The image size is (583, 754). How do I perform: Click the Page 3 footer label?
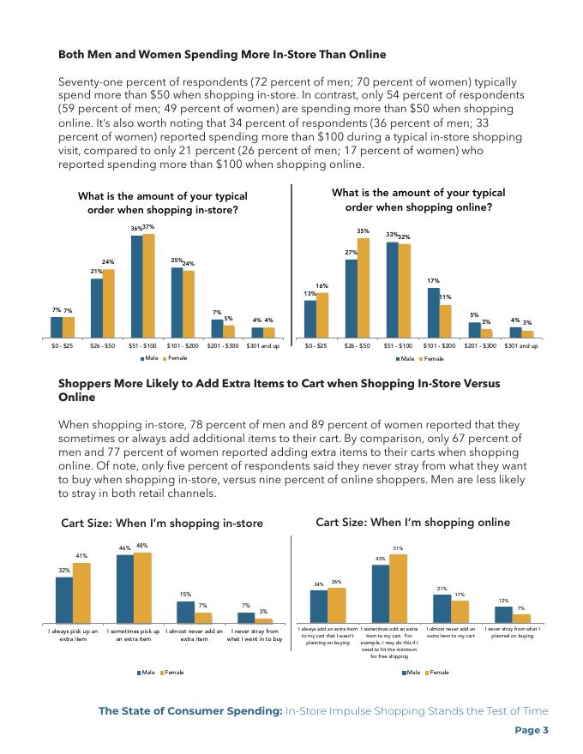click(531, 730)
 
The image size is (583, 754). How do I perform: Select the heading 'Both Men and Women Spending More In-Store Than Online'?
click(222, 55)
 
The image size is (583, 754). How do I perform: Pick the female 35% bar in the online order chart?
click(363, 288)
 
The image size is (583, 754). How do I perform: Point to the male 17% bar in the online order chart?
click(433, 313)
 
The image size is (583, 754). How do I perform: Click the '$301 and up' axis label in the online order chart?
click(520, 346)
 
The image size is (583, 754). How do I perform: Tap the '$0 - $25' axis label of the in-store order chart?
click(63, 346)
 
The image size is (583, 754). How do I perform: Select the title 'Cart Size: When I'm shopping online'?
click(412, 522)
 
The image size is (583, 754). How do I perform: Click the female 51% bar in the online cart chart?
click(398, 589)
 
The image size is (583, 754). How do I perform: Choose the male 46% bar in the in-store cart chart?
click(125, 589)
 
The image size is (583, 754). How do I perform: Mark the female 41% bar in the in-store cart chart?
click(81, 593)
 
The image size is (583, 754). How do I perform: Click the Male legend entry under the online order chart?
click(406, 358)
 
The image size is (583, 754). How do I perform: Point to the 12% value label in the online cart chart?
click(503, 601)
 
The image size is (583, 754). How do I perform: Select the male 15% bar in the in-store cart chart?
click(185, 613)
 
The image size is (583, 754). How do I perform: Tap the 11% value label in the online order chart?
click(445, 297)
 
